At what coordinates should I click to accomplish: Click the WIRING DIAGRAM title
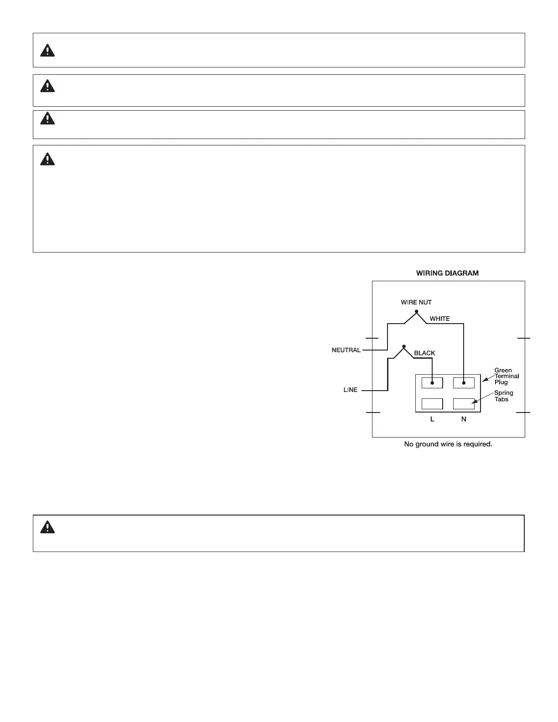[447, 273]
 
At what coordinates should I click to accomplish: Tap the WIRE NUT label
[416, 302]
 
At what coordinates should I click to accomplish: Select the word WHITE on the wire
[439, 319]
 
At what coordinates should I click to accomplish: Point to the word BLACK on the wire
[424, 353]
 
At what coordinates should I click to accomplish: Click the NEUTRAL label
[346, 351]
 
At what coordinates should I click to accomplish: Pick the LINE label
[350, 390]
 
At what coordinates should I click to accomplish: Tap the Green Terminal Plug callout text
[506, 376]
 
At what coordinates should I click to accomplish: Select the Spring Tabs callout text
[503, 396]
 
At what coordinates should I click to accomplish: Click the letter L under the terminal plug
[432, 419]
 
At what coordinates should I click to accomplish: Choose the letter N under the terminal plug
[464, 419]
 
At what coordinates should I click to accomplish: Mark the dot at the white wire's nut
[416, 311]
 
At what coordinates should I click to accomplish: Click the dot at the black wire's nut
[403, 346]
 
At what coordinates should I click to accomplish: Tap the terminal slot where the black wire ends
[432, 383]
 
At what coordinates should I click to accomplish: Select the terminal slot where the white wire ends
[464, 383]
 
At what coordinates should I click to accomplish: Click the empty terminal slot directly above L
[432, 404]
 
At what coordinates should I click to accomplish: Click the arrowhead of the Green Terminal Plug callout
[484, 380]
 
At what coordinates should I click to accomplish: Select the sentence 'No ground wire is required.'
[448, 444]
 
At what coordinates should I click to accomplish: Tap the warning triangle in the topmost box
[47, 50]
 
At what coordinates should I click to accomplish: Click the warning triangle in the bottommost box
[47, 527]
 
